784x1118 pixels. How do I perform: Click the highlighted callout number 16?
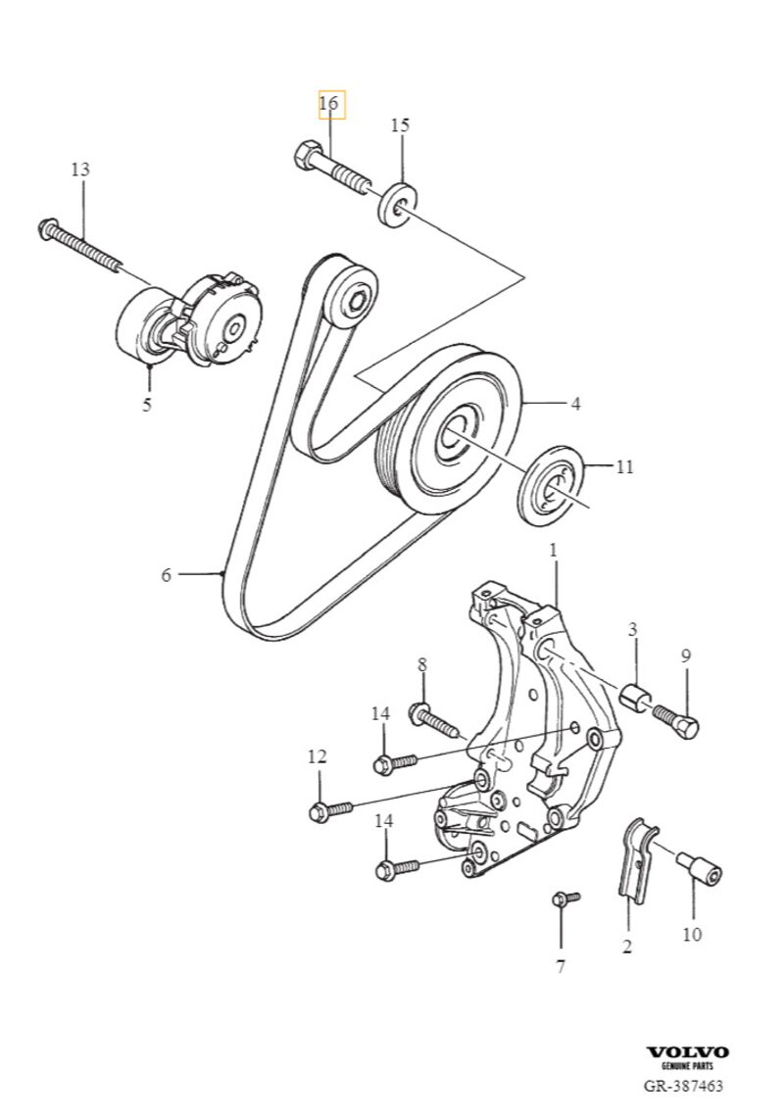pyautogui.click(x=331, y=104)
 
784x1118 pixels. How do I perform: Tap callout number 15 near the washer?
pyautogui.click(x=400, y=125)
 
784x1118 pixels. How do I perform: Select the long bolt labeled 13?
pyautogui.click(x=82, y=244)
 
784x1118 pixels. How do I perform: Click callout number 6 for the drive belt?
pyautogui.click(x=166, y=575)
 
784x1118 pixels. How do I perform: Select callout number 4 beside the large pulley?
pyautogui.click(x=576, y=403)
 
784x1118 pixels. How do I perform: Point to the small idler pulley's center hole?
pyautogui.click(x=359, y=298)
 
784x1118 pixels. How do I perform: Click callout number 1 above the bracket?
pyautogui.click(x=553, y=552)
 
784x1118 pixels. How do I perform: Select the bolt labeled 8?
pyautogui.click(x=437, y=721)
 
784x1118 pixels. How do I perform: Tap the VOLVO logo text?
pyautogui.click(x=687, y=1051)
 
